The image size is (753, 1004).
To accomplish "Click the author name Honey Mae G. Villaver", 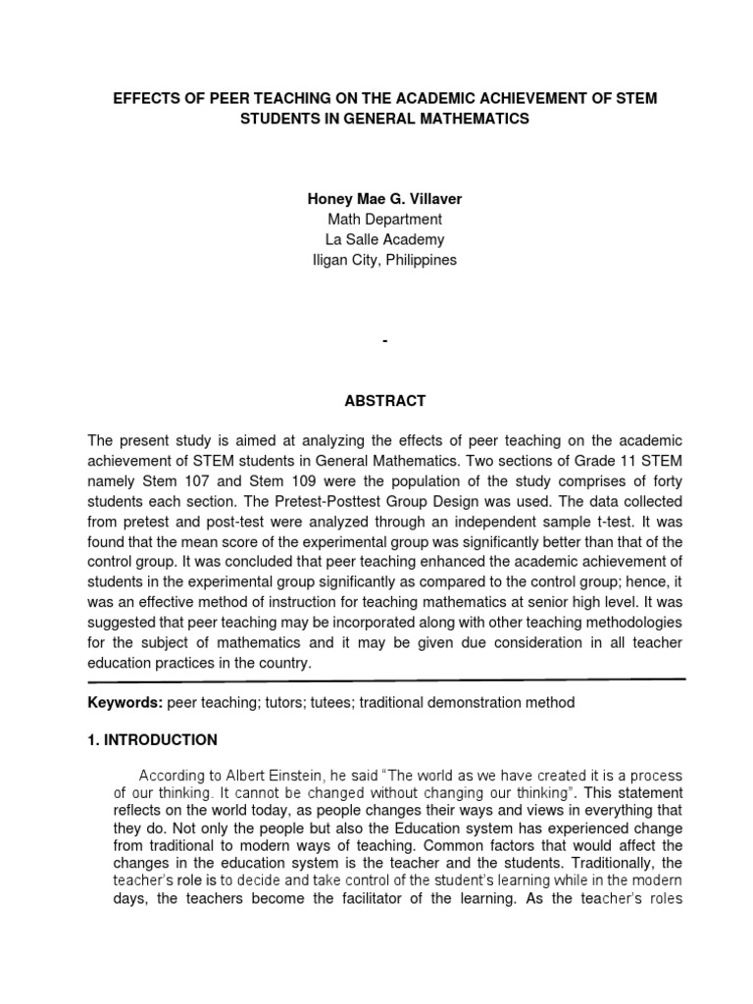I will pyautogui.click(x=384, y=198).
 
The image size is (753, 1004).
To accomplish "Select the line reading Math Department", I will pyautogui.click(x=384, y=219).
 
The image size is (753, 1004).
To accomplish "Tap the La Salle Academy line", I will pyautogui.click(x=384, y=239).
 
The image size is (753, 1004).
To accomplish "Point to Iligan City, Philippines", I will pyautogui.click(x=384, y=260).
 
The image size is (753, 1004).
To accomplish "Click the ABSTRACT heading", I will pyautogui.click(x=384, y=400).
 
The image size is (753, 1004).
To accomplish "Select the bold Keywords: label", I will pyautogui.click(x=125, y=702).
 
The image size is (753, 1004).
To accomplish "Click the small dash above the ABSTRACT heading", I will pyautogui.click(x=384, y=340).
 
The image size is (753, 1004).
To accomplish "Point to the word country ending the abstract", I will pyautogui.click(x=284, y=662).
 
